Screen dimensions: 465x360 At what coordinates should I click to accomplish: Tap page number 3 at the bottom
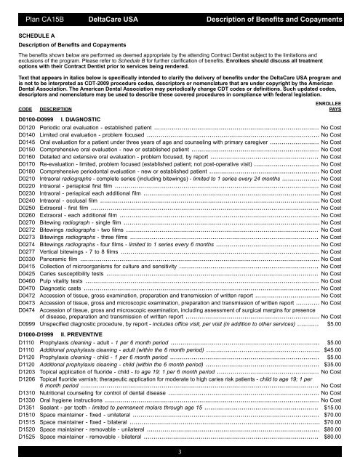[179, 453]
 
